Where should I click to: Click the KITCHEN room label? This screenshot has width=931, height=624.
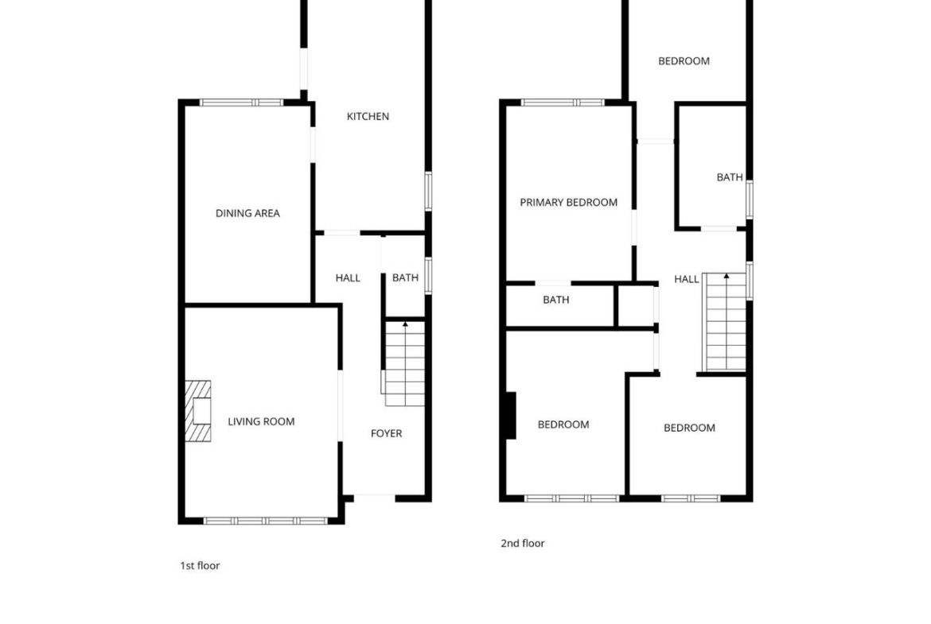(x=368, y=116)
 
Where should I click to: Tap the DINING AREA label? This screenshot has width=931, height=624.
(x=247, y=213)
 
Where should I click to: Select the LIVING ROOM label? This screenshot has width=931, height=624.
(x=261, y=422)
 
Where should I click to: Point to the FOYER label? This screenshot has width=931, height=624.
(x=387, y=433)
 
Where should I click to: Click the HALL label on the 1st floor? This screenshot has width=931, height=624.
(x=348, y=277)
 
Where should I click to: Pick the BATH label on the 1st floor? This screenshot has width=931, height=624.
(x=406, y=277)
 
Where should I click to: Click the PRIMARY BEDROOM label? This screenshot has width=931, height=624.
(x=569, y=202)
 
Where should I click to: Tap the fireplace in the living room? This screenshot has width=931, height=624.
(x=198, y=411)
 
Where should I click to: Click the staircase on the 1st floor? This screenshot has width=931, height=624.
(x=403, y=363)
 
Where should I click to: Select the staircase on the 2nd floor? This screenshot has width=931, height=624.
(x=724, y=322)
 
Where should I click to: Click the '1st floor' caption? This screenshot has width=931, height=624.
(x=200, y=566)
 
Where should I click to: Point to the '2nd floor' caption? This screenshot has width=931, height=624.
(x=523, y=544)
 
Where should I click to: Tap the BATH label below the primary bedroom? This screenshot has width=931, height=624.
(x=556, y=300)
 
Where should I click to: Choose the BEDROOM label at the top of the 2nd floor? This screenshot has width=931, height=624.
(x=684, y=61)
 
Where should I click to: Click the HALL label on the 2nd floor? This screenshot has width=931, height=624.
(x=687, y=279)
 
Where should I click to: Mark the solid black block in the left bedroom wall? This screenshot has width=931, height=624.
(x=510, y=416)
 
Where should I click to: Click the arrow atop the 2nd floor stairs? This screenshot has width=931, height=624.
(x=726, y=277)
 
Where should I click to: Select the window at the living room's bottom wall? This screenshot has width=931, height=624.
(x=266, y=521)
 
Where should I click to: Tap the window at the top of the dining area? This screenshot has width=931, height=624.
(x=241, y=103)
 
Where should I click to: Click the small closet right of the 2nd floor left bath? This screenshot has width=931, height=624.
(x=636, y=306)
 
